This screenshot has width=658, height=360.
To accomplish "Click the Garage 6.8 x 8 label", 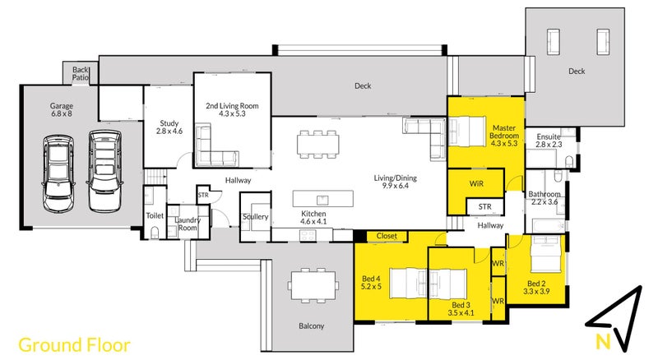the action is (61, 109).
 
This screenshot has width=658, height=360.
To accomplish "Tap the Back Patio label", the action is (80, 73).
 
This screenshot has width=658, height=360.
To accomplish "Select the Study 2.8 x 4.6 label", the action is (169, 127).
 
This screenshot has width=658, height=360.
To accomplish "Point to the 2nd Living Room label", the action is (232, 109).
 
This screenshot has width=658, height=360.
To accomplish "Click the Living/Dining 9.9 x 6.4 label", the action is (396, 182).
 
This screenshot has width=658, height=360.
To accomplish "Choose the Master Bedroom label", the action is (504, 135).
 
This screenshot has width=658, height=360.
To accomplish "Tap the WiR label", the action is (476, 184).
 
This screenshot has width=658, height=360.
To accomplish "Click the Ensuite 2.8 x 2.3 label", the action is (549, 141).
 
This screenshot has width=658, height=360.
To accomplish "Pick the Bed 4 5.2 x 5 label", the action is (372, 283).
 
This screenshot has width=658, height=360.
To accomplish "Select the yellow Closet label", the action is (387, 236).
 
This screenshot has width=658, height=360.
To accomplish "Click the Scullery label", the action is (255, 216).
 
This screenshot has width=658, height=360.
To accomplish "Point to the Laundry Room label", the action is (188, 224).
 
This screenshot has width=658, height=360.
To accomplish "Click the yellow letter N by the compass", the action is (603, 342).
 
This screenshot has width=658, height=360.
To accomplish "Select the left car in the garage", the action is (58, 173).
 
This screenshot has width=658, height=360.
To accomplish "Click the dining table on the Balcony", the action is (313, 285).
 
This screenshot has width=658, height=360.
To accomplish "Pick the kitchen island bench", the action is (322, 199).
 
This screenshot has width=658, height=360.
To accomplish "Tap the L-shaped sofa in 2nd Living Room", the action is (216, 145).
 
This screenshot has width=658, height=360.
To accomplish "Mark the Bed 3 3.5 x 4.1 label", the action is (461, 309).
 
